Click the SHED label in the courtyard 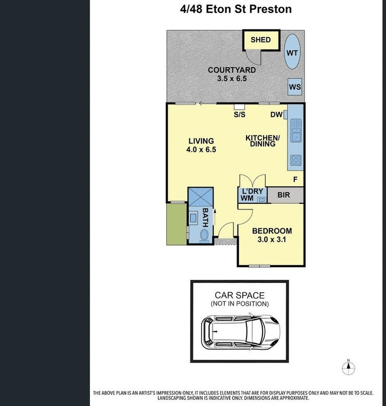(x=261, y=40)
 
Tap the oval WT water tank (x=292, y=52)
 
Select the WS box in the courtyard (x=295, y=87)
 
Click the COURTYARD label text (x=232, y=74)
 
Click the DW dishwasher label (x=276, y=115)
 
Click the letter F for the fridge (x=295, y=180)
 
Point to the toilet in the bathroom (x=204, y=236)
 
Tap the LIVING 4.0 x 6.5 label (x=201, y=145)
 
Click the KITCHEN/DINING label (x=260, y=141)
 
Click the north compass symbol (x=347, y=368)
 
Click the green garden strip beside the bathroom (x=176, y=223)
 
